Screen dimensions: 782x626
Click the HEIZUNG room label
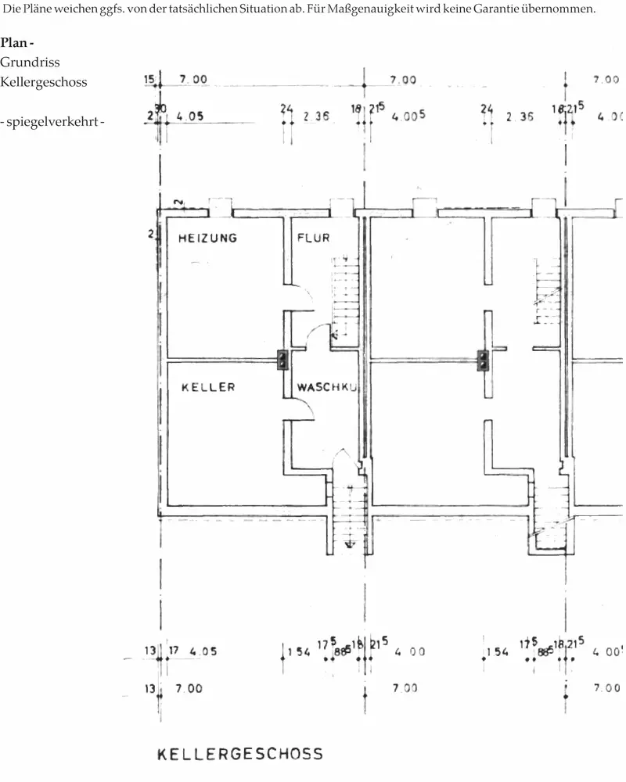(207, 238)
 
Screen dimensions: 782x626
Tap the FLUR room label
(313, 238)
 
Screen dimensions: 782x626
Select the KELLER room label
(208, 387)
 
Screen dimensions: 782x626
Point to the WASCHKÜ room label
(326, 387)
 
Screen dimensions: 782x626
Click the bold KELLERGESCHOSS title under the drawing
(240, 754)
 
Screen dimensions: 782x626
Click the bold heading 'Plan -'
(17, 41)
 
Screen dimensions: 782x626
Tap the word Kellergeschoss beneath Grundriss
(43, 82)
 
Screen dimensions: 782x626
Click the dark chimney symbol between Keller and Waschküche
(282, 360)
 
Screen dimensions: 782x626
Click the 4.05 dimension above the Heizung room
(190, 117)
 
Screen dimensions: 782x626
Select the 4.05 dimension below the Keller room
(203, 651)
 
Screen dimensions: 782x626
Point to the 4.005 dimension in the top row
(408, 116)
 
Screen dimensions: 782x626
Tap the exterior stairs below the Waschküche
(344, 516)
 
